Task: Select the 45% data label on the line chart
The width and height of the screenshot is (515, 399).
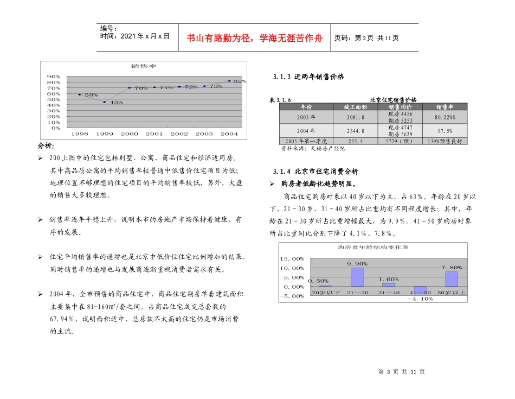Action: click(x=116, y=102)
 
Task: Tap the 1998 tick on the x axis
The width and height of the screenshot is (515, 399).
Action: click(x=80, y=134)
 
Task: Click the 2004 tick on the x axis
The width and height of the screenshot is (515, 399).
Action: click(x=229, y=134)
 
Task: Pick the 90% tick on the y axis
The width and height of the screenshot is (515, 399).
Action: click(x=53, y=77)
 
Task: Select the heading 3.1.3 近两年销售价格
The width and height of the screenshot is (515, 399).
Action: click(x=308, y=77)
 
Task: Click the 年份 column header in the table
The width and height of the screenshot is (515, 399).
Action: click(x=306, y=107)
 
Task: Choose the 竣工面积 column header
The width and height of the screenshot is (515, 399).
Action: click(x=356, y=107)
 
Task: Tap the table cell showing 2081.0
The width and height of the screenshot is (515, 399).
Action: click(x=356, y=117)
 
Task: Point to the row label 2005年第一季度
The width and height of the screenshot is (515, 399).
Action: click(x=306, y=141)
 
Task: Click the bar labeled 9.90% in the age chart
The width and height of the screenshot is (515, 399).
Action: click(x=357, y=277)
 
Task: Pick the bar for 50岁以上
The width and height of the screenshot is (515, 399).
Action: click(x=452, y=278)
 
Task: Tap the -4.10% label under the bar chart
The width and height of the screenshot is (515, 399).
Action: click(x=420, y=299)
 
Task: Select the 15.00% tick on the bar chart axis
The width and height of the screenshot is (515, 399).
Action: click(x=292, y=258)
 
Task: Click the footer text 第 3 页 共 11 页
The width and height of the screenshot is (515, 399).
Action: click(x=401, y=371)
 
